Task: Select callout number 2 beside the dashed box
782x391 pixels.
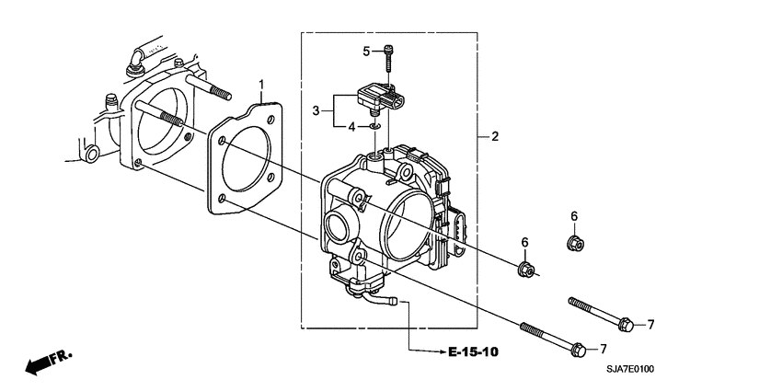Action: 494,136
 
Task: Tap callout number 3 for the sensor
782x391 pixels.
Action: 316,110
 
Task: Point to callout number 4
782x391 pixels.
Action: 351,126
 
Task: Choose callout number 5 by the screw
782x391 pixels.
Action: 366,51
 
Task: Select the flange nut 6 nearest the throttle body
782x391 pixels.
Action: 526,270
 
